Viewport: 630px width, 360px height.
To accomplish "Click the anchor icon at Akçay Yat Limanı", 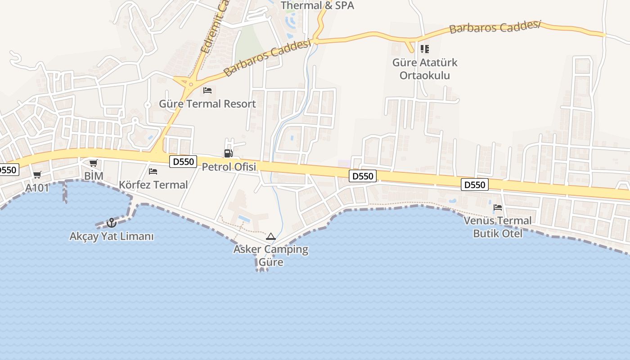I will [111, 222].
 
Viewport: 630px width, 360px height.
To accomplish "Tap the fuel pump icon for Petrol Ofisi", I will [229, 153].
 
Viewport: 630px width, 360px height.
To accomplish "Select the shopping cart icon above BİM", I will [93, 163].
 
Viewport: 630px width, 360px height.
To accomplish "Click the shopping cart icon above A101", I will [37, 175].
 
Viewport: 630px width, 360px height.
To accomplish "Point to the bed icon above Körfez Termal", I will [153, 171].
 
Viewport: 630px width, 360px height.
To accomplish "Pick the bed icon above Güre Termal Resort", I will [207, 90].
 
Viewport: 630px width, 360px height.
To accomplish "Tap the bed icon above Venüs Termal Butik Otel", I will [498, 207].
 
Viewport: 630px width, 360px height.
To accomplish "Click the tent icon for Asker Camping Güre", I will [270, 236].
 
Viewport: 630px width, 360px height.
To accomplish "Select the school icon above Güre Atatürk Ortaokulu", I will [424, 49].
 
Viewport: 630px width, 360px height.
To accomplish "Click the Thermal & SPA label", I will [317, 5].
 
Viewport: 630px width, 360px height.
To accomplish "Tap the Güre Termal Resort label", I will [207, 104].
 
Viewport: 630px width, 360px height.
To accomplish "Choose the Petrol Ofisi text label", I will [229, 167].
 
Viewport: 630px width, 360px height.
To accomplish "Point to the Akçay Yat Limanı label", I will [111, 236].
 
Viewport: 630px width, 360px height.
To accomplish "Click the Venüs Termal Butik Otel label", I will [498, 227].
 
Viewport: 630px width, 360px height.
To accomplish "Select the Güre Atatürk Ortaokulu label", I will [425, 69].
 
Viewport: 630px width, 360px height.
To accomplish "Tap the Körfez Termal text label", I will [153, 185].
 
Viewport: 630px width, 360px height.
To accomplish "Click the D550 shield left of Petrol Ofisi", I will [183, 162].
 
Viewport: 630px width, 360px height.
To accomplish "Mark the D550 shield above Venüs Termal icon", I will [475, 184].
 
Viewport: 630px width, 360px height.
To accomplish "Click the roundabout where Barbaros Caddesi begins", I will [191, 84].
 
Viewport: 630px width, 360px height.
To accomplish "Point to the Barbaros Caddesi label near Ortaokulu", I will [495, 27].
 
